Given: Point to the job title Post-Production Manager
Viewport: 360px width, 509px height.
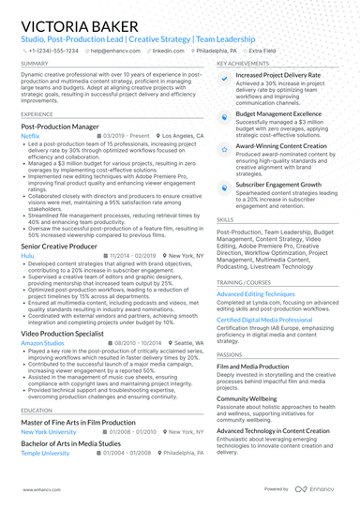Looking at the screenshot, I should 60,125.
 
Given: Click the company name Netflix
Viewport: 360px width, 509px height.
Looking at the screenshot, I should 30,135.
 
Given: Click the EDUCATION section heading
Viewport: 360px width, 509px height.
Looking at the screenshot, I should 37,411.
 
